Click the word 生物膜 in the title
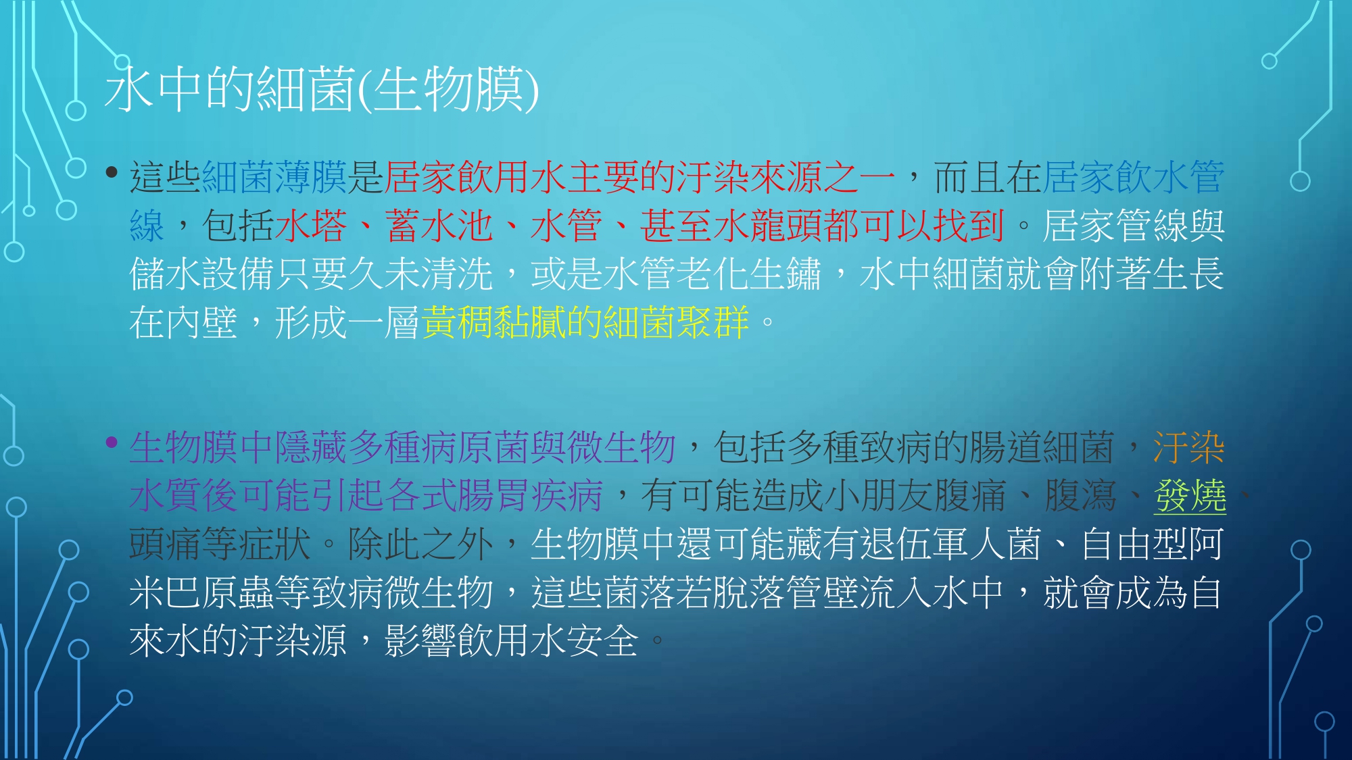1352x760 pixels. coord(448,89)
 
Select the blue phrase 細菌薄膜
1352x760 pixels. coord(274,177)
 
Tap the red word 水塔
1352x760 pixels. coord(311,226)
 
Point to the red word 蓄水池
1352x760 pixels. coord(439,226)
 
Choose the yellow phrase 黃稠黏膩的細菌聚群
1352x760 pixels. coord(585,322)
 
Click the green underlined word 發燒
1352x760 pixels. coord(1190,496)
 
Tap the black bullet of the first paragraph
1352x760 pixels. coord(112,173)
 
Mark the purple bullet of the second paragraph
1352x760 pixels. coord(112,443)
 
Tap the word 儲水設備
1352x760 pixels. coord(201,274)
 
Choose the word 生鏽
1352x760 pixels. coord(786,274)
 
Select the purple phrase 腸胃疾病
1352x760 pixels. coord(530,496)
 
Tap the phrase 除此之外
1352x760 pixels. coord(420,544)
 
